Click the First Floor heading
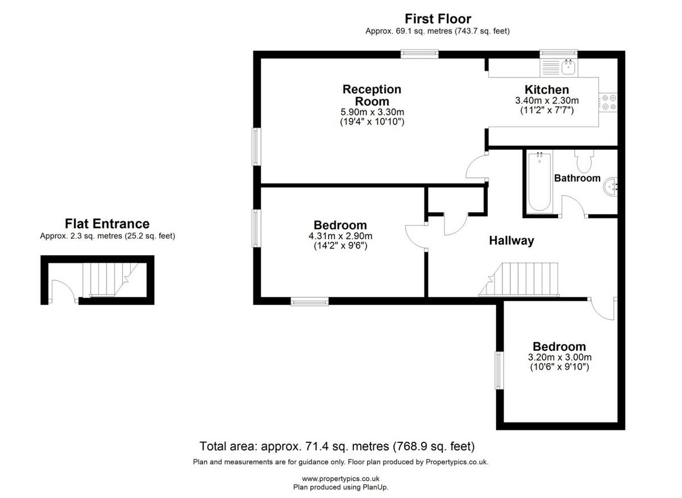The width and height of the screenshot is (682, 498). (438, 19)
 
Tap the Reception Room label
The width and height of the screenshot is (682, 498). (372, 95)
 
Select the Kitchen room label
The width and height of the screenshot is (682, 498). (546, 90)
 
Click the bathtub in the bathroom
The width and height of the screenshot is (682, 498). (538, 181)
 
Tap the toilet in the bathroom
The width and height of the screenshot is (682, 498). (584, 162)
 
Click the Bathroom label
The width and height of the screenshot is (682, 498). (577, 178)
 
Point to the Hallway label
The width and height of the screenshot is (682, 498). (511, 240)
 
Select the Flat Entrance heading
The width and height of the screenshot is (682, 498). (107, 223)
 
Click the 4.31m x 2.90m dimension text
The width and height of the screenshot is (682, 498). (340, 236)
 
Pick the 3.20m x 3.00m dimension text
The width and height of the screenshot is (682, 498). (559, 358)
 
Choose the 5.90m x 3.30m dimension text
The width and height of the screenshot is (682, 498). (372, 111)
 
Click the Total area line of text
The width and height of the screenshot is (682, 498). (337, 446)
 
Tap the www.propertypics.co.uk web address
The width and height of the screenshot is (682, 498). (340, 479)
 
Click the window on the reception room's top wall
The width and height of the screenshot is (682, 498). (419, 55)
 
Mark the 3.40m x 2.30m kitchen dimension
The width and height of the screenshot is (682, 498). (546, 101)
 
